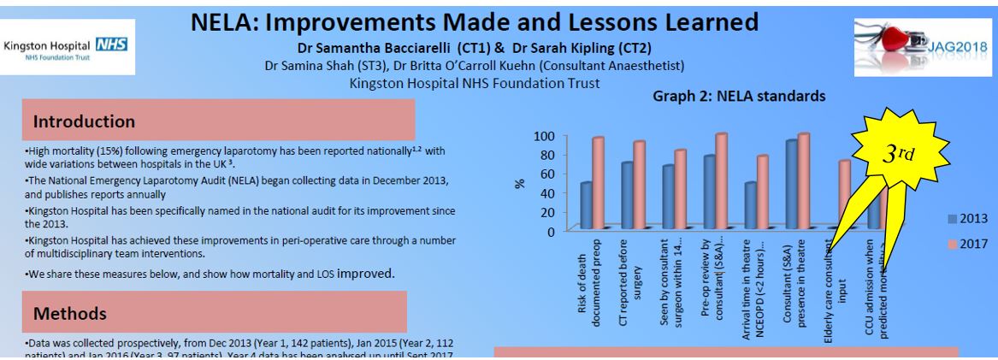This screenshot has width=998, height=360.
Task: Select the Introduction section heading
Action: (x=84, y=122)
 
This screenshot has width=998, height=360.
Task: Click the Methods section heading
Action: (x=69, y=315)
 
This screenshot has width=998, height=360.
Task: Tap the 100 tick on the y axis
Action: (x=544, y=136)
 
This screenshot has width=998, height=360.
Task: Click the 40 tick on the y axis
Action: (x=547, y=192)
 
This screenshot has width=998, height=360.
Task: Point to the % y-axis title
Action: (x=518, y=183)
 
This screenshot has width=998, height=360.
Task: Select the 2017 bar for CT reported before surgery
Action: (x=639, y=185)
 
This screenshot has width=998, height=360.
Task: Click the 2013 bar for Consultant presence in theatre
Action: (x=791, y=185)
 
